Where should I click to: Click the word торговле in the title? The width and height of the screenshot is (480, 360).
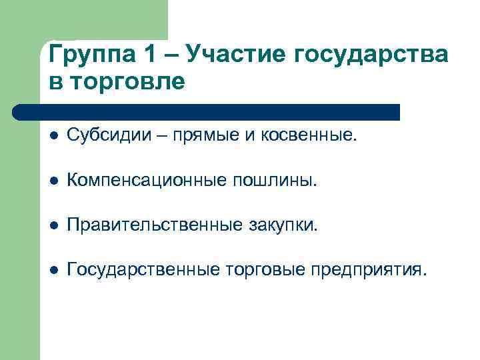tap(128, 83)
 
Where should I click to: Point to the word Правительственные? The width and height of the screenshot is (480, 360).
tap(155, 225)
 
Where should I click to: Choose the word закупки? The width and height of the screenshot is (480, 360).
tap(283, 225)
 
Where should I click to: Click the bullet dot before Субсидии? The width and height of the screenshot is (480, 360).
tap(53, 136)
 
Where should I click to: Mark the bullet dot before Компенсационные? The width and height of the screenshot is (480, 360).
tap(53, 181)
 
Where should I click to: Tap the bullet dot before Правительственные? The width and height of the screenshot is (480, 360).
tap(53, 225)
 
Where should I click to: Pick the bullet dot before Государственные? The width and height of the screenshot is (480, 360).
tap(53, 270)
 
